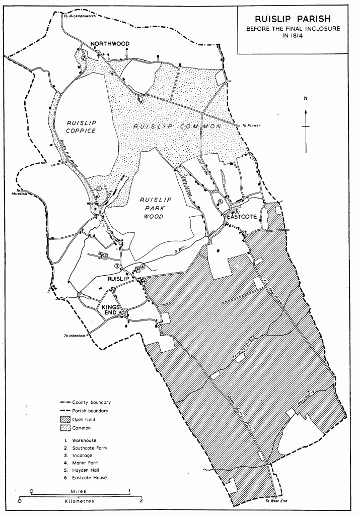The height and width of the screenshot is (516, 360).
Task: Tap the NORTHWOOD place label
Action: click(110, 44)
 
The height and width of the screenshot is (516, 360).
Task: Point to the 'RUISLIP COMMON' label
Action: click(177, 127)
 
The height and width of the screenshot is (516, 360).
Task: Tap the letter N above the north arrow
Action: click(305, 99)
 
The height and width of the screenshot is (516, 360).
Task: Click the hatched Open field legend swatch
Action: click(65, 419)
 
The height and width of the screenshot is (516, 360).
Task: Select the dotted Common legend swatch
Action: click(65, 428)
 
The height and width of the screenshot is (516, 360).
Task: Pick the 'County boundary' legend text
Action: click(91, 402)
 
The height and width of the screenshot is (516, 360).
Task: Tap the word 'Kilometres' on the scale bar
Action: click(80, 501)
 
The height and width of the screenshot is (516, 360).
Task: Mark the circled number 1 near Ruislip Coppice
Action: click(99, 188)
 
